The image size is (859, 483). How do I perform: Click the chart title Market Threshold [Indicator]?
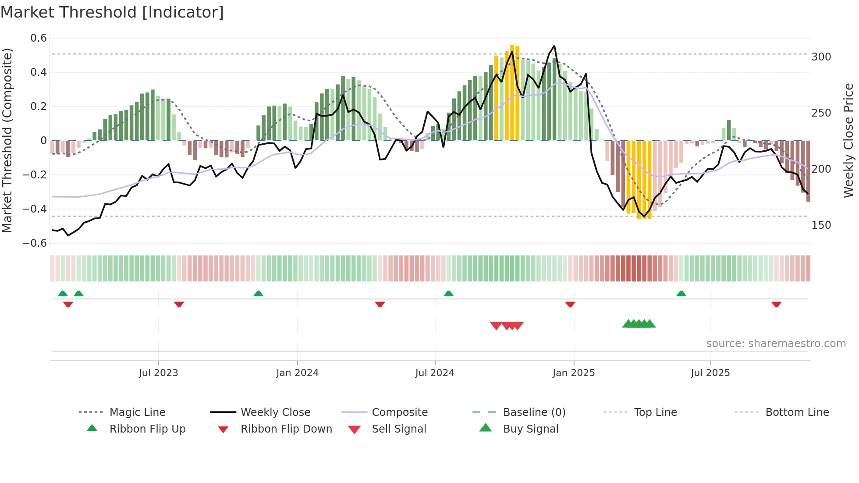pyautogui.click(x=112, y=12)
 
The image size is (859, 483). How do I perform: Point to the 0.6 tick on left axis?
pyautogui.click(x=39, y=38)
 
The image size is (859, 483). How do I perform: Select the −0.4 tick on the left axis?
pyautogui.click(x=35, y=209)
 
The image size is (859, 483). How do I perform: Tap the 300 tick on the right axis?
pyautogui.click(x=821, y=57)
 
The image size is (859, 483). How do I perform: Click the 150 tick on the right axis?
pyautogui.click(x=821, y=225)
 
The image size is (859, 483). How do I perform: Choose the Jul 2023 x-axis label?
pyautogui.click(x=158, y=373)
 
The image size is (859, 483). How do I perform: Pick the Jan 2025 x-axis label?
pyautogui.click(x=573, y=373)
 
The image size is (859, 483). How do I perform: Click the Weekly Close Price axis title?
pyautogui.click(x=848, y=140)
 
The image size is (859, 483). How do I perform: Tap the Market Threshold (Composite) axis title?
pyautogui.click(x=7, y=140)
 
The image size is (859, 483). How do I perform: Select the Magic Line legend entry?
pyautogui.click(x=137, y=412)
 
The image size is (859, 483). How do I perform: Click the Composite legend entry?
pyautogui.click(x=399, y=412)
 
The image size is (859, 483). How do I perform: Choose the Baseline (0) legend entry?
pyautogui.click(x=534, y=412)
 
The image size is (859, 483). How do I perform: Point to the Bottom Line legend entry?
pyautogui.click(x=797, y=412)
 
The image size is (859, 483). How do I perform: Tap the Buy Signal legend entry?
pyautogui.click(x=530, y=429)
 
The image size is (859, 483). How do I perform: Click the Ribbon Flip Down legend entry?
pyautogui.click(x=286, y=429)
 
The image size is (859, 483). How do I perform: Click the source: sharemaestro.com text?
pyautogui.click(x=776, y=344)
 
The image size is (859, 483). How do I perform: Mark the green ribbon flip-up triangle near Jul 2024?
pyautogui.click(x=448, y=294)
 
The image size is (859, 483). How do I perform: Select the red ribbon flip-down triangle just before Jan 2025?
pyautogui.click(x=570, y=304)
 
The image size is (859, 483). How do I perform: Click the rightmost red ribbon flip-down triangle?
pyautogui.click(x=776, y=304)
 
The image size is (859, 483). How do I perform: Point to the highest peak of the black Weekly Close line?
pyautogui.click(x=554, y=46)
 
